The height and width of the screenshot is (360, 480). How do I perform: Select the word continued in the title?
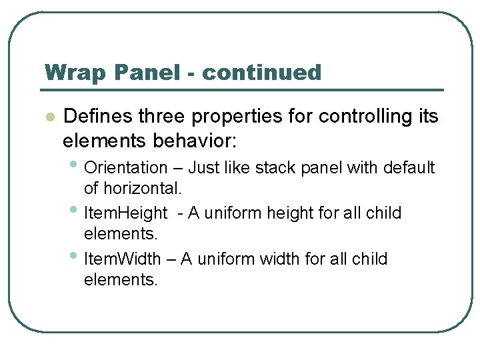point(261,72)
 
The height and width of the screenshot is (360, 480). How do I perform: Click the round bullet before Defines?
point(49,117)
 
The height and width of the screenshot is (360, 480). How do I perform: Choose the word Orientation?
point(127,167)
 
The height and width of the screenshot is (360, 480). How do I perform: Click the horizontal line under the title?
point(244,90)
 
